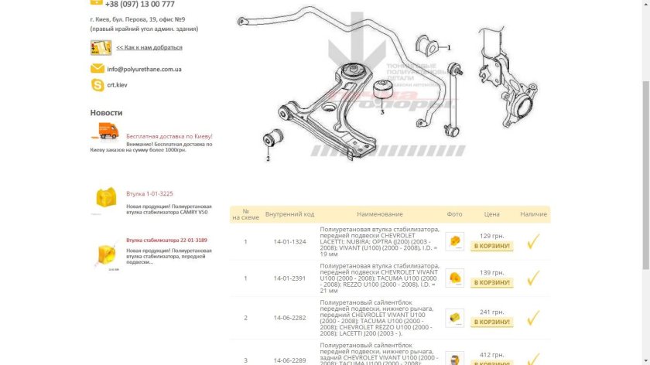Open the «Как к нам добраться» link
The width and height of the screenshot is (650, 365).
[149, 47]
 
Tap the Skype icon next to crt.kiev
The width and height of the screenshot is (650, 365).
[97, 85]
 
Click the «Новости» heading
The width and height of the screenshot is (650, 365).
[106, 113]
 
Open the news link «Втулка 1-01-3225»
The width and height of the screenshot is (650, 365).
[149, 193]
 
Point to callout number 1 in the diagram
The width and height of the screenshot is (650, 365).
[447, 47]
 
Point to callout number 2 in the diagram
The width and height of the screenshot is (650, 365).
[268, 159]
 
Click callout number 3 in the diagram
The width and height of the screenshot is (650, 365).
[381, 111]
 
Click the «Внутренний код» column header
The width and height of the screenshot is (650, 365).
[289, 214]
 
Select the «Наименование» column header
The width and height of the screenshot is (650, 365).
[380, 214]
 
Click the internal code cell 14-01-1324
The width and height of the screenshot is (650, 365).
[289, 242]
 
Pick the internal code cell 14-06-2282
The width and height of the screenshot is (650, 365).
[289, 318]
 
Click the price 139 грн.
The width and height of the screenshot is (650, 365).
[492, 273]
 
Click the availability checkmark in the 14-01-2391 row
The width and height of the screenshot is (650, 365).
[532, 278]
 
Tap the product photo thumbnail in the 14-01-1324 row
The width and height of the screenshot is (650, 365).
[455, 241]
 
